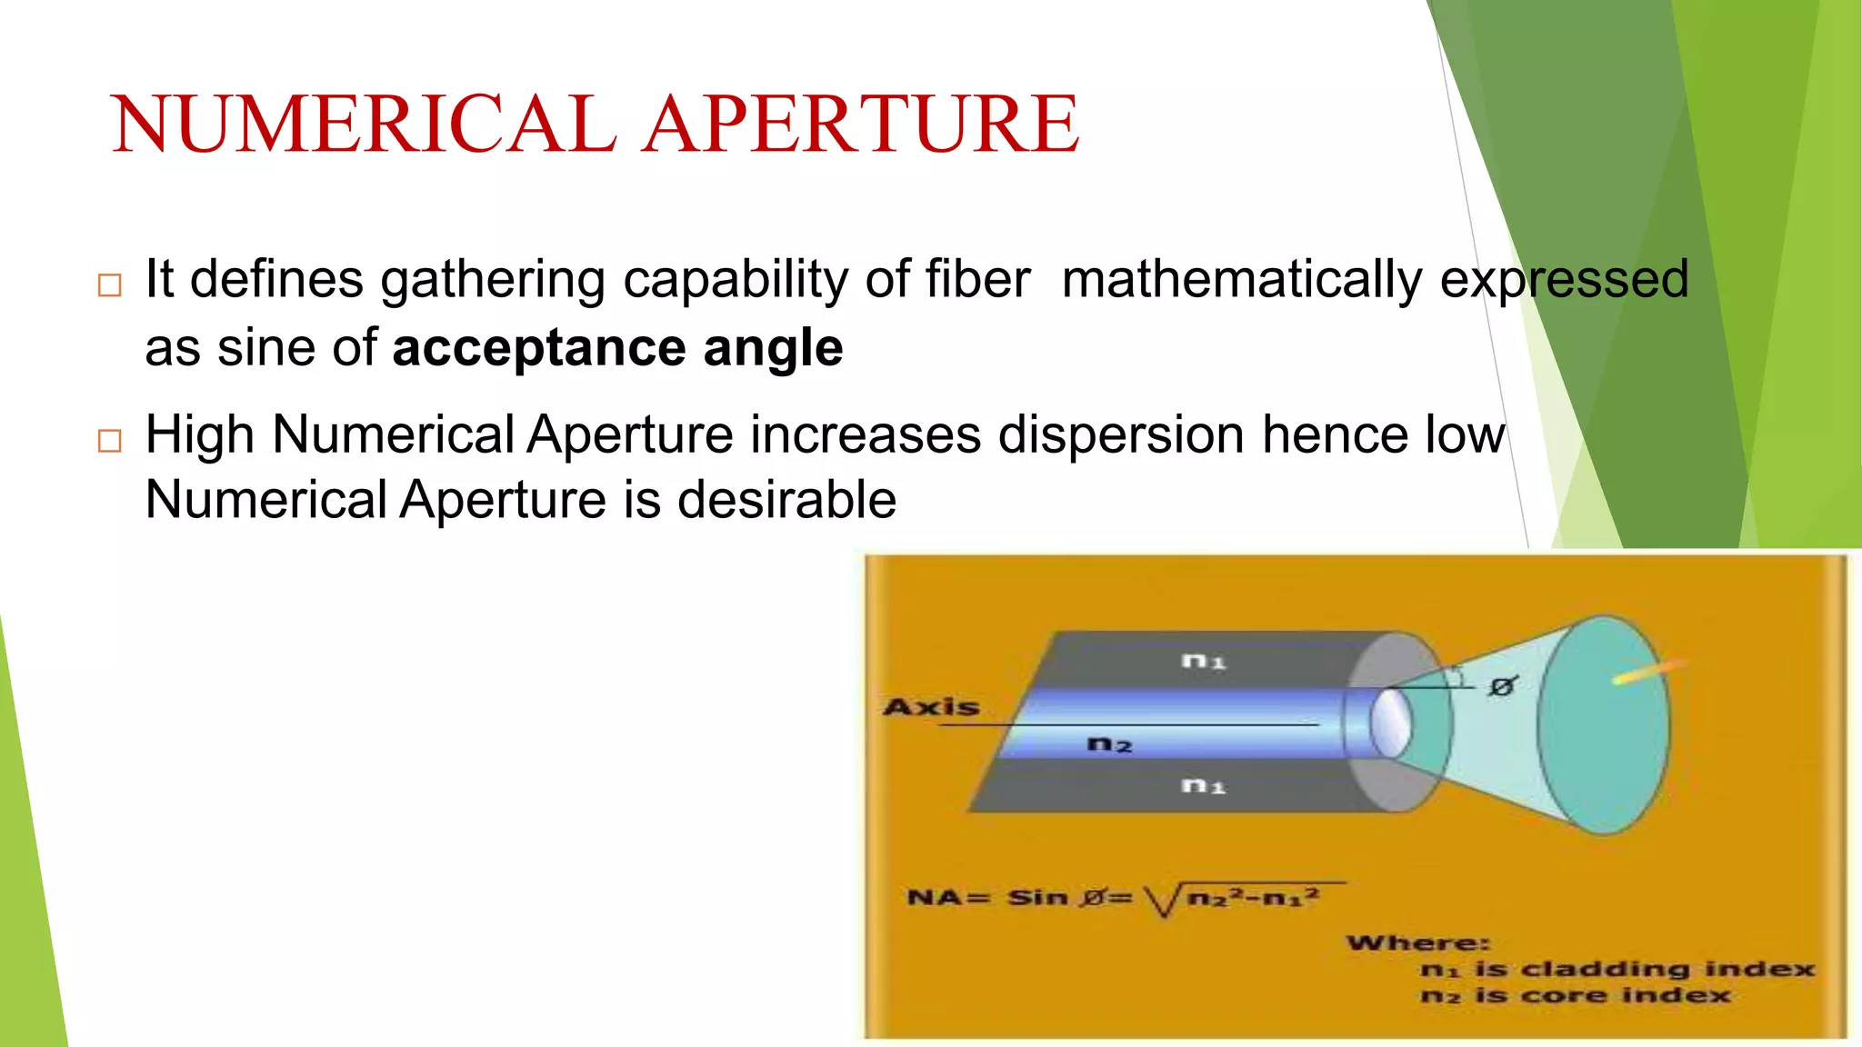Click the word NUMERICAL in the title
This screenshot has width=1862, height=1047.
364,125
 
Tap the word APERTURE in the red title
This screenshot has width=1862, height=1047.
862,125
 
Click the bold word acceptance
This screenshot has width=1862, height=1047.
539,348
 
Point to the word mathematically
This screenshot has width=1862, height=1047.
1242,279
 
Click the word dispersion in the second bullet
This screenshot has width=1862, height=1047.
1121,434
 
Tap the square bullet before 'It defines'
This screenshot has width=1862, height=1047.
109,285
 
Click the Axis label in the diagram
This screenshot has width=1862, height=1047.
931,707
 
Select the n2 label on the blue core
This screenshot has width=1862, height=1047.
1109,745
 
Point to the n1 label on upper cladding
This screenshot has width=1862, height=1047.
1204,661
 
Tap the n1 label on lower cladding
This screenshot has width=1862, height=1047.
1204,784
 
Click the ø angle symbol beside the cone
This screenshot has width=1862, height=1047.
1501,687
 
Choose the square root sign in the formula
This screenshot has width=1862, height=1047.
1159,900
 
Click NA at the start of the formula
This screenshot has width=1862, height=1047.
935,898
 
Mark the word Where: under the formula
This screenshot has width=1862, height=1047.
1418,943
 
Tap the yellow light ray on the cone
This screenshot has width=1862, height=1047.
1647,672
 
